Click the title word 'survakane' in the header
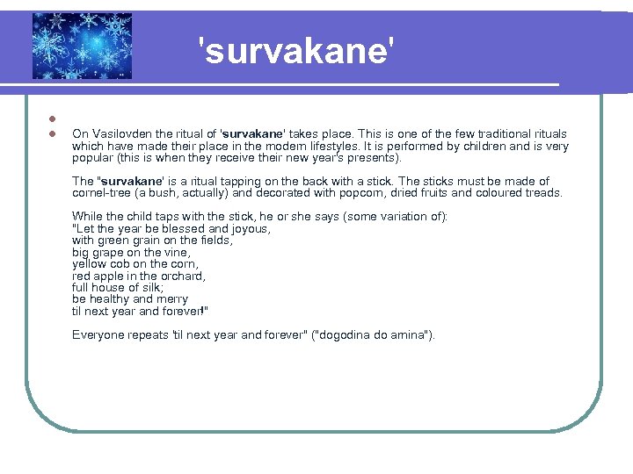tap(294, 52)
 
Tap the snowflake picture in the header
tap(82, 46)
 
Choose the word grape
tap(110, 252)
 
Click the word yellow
tap(89, 264)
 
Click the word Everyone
tap(99, 335)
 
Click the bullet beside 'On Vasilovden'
tap(52, 134)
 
